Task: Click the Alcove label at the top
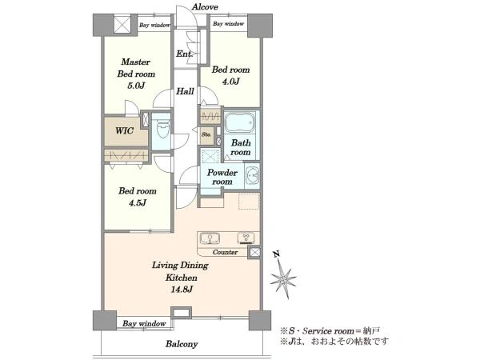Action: pos(205,7)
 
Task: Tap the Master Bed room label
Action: pos(136,68)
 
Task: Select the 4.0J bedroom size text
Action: pos(230,82)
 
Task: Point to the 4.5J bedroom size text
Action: pos(137,202)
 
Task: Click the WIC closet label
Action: pos(124,131)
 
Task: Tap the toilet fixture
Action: pos(162,130)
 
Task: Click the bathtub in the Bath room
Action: pos(240,122)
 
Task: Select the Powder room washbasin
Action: pos(252,175)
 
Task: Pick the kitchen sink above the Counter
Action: pos(210,238)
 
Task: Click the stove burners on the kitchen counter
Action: pos(246,238)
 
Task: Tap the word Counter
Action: pos(225,252)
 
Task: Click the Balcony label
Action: pos(182,344)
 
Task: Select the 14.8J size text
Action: pos(182,289)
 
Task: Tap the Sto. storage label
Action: pos(206,134)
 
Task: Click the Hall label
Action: pos(185,91)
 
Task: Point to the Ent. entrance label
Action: pos(184,54)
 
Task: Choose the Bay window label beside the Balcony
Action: pos(144,323)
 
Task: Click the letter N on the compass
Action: pos(277,254)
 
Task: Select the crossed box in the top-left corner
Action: pos(122,24)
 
